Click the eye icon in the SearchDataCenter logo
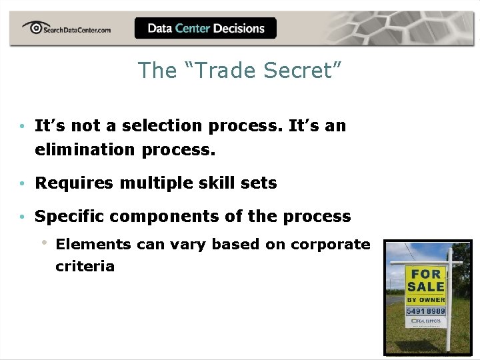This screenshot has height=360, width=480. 33,27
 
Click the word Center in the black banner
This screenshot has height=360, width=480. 193,28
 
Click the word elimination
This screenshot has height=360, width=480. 85,149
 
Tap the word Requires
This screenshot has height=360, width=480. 75,183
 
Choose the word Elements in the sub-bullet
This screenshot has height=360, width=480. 93,244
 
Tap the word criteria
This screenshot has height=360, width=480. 85,266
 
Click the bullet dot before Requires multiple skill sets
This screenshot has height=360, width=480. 23,183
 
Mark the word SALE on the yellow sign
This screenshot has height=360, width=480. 426,287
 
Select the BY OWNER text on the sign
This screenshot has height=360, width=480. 426,300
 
